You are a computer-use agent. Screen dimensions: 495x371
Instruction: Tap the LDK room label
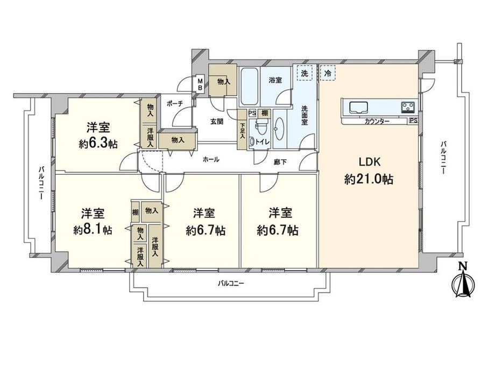pyautogui.click(x=369, y=162)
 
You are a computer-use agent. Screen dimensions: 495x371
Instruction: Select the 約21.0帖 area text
pyautogui.click(x=369, y=179)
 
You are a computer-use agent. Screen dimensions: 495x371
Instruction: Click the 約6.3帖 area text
pyautogui.click(x=98, y=144)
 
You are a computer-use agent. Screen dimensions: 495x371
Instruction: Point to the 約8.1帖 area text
pyautogui.click(x=93, y=230)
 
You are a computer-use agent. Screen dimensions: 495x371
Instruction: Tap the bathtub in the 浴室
pyautogui.click(x=250, y=87)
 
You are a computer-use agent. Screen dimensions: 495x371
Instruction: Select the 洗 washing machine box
pyautogui.click(x=305, y=74)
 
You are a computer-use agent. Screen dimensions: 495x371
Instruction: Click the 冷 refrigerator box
pyautogui.click(x=328, y=74)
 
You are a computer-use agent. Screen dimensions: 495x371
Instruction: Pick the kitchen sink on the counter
pyautogui.click(x=358, y=106)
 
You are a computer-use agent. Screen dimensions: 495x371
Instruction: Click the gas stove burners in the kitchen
pyautogui.click(x=408, y=107)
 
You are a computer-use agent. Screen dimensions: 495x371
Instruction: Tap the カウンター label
pyautogui.click(x=377, y=122)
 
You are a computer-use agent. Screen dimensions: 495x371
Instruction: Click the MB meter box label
pyautogui.click(x=200, y=84)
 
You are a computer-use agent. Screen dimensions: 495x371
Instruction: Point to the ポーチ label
pyautogui.click(x=174, y=103)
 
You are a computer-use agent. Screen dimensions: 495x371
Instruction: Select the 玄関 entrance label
pyautogui.click(x=217, y=122)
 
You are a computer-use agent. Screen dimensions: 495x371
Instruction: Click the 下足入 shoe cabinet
pyautogui.click(x=242, y=130)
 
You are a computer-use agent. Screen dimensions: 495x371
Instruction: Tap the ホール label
pyautogui.click(x=211, y=160)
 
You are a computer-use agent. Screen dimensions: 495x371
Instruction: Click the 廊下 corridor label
pyautogui.click(x=280, y=162)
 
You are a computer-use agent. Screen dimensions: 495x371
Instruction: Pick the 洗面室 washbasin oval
pyautogui.click(x=279, y=129)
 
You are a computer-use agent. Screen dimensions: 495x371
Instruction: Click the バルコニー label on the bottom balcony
pyautogui.click(x=231, y=283)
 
